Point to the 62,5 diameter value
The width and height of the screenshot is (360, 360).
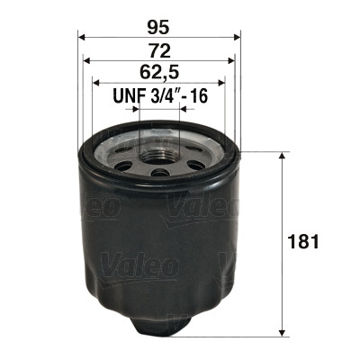click(x=160, y=70)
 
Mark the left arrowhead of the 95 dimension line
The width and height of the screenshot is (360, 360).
click(x=83, y=37)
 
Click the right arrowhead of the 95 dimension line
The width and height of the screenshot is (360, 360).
click(x=238, y=37)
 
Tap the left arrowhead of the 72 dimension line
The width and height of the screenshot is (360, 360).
click(x=87, y=60)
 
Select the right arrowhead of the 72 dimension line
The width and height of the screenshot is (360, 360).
click(x=232, y=60)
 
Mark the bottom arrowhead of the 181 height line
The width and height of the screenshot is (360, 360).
click(x=285, y=330)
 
